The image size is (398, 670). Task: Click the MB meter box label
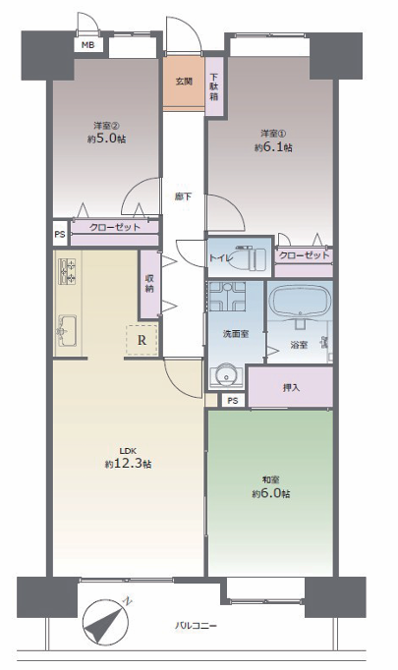88,45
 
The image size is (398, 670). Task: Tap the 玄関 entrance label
184,82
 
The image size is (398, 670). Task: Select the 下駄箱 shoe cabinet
214,86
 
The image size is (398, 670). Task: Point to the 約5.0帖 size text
107,139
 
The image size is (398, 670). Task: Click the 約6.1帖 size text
273,147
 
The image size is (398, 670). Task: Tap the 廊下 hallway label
183,196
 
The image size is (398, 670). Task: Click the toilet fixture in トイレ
245,257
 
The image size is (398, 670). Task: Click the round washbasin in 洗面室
226,375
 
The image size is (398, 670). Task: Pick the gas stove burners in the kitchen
67,272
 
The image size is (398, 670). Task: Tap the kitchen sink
67,330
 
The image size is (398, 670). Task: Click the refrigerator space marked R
142,340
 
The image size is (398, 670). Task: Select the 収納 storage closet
149,284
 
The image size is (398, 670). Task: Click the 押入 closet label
292,387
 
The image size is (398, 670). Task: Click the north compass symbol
106,622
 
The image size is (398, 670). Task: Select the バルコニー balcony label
196,627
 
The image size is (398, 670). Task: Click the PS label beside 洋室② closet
60,234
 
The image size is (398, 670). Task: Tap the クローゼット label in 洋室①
304,255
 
